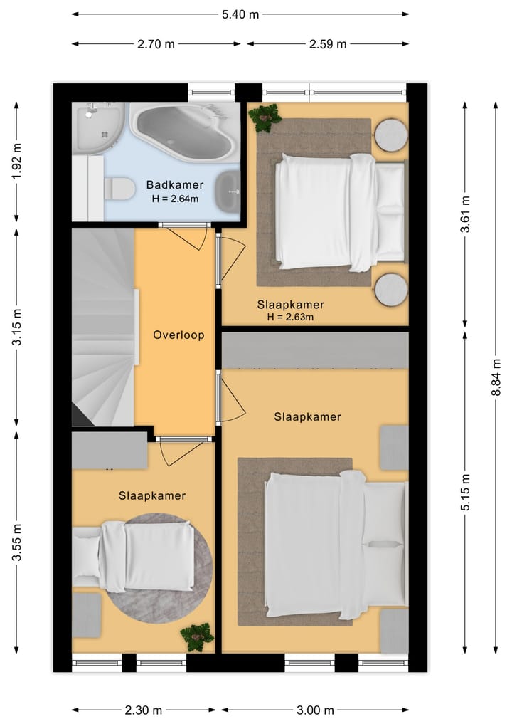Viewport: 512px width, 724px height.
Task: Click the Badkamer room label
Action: point(175,184)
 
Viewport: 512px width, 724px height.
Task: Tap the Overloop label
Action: point(178,335)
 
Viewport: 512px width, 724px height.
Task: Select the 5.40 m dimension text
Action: point(240,14)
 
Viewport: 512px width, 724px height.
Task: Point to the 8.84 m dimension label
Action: point(496,377)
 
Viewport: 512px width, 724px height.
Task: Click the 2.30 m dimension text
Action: point(144,710)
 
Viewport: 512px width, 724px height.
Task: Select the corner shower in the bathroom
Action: point(98,127)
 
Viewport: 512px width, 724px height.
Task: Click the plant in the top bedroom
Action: point(265,118)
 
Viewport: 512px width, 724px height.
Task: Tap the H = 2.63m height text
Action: point(290,317)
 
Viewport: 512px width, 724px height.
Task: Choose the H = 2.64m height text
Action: point(175,199)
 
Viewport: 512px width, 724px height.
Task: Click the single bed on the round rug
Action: point(134,556)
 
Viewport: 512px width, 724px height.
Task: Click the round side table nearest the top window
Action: point(390,135)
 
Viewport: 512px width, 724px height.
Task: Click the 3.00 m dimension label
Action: point(314,710)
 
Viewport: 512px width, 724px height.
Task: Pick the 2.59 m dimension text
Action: point(328,44)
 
